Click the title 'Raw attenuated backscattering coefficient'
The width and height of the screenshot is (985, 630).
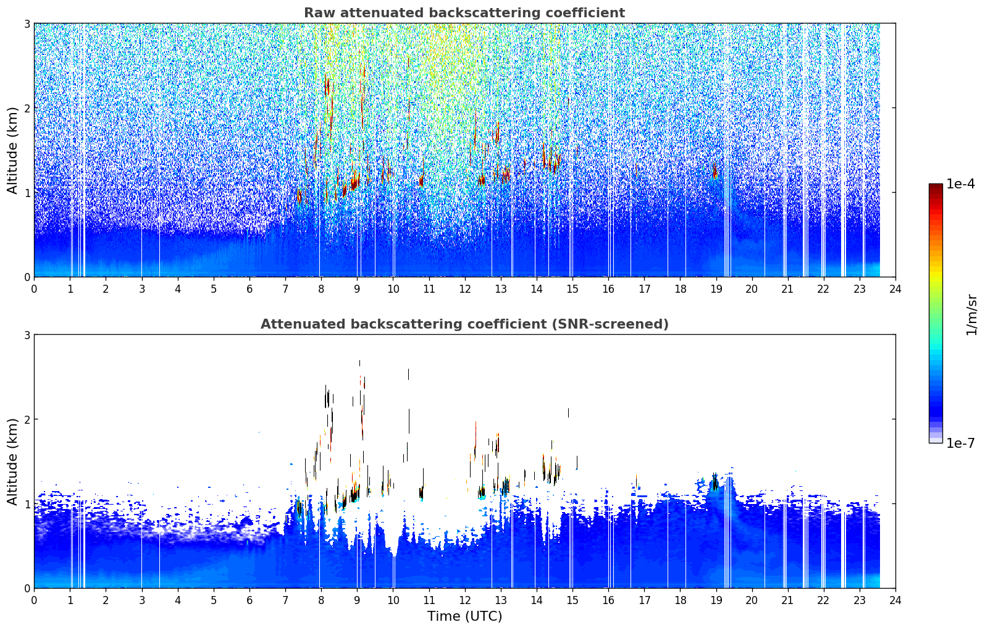(464, 13)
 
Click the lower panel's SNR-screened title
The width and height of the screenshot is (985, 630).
(464, 324)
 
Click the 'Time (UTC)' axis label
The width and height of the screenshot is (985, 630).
(464, 616)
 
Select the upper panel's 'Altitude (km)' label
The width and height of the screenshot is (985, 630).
(12, 151)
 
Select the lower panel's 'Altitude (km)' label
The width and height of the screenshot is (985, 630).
(12, 461)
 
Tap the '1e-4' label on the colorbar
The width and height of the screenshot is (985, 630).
(960, 184)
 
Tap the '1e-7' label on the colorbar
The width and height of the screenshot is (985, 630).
(960, 443)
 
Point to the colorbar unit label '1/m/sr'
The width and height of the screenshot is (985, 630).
(971, 316)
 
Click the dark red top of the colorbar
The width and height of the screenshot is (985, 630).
(936, 187)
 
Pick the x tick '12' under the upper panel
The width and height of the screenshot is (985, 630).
(465, 289)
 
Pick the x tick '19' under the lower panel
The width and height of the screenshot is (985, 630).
(716, 600)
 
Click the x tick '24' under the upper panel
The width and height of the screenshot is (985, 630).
(895, 289)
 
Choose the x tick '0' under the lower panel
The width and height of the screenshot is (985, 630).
(35, 600)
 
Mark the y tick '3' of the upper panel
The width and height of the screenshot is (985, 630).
(27, 23)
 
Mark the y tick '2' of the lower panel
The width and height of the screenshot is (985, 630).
(27, 419)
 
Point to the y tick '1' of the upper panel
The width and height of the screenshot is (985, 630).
(27, 193)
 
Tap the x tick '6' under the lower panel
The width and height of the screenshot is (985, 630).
(249, 600)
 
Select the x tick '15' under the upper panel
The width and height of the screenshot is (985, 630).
(572, 289)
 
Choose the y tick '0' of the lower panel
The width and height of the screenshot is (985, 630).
(27, 588)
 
